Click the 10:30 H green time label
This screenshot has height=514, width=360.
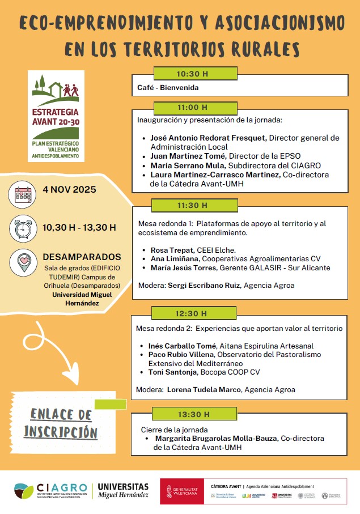(x=192, y=74)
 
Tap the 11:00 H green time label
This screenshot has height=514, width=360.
(x=192, y=107)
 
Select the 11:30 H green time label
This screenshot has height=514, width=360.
(x=192, y=205)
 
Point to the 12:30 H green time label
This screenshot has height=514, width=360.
(x=192, y=313)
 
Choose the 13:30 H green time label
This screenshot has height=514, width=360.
(x=192, y=415)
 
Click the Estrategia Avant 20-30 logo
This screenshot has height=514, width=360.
(x=56, y=116)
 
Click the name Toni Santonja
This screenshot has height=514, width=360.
(x=173, y=371)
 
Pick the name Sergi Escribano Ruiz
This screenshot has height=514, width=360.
(x=204, y=286)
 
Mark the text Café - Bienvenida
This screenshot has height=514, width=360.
(x=168, y=88)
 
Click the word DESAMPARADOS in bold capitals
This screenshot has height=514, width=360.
(x=82, y=257)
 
